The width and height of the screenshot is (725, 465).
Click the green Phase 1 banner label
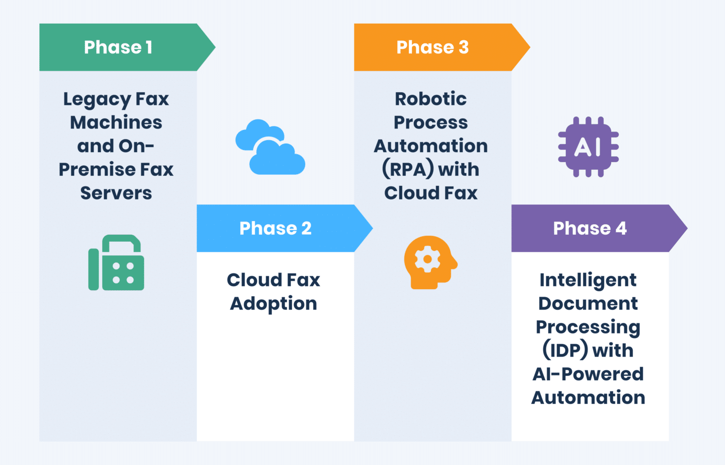tap(118, 47)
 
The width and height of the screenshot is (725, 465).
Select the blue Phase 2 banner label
tap(275, 228)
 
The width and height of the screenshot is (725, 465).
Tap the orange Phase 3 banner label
tap(432, 47)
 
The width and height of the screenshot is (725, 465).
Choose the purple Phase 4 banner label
tap(590, 228)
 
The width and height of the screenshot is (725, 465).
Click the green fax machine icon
tap(116, 262)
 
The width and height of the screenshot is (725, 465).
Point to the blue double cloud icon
tap(270, 147)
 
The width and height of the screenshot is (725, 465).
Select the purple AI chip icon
tap(588, 147)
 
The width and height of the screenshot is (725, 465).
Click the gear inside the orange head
tap(427, 259)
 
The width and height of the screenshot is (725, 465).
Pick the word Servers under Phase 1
tap(116, 193)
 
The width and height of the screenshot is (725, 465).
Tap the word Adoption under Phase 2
tap(273, 304)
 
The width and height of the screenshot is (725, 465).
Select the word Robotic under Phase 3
tap(430, 99)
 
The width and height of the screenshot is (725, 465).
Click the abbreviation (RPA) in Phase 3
tap(408, 169)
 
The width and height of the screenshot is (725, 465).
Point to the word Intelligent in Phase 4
tap(588, 280)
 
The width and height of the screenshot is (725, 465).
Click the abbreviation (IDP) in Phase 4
tap(564, 350)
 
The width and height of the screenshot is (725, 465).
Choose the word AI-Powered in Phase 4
tap(588, 374)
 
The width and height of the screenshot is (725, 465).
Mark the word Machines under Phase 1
tap(116, 122)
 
